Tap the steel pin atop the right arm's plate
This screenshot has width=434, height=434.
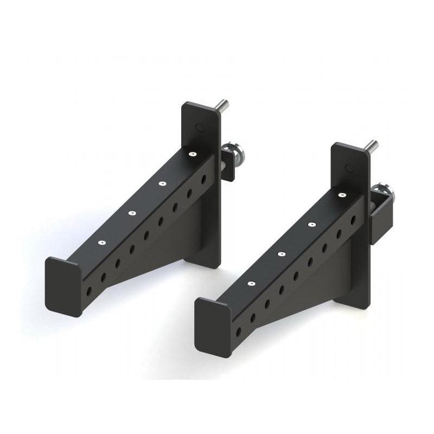[371, 145]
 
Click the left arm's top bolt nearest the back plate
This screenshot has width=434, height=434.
[192, 154]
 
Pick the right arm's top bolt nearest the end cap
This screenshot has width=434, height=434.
[251, 283]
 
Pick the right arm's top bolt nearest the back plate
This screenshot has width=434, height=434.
[342, 195]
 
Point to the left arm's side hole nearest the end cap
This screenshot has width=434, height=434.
[89, 291]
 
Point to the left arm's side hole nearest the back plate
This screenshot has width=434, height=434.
[204, 178]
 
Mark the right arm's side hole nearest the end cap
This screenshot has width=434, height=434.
[238, 331]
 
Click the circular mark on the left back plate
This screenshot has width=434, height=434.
[200, 127]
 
